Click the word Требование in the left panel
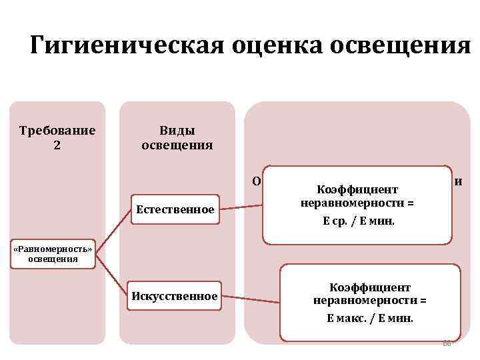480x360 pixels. pos(57,130)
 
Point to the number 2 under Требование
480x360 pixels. pos(57,144)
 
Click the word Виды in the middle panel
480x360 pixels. pos(177,130)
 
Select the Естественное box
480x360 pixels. pos(175,209)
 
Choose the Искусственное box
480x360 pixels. pos(175,295)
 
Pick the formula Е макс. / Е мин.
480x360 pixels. pos(369,318)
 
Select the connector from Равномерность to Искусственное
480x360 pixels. pos(111,273)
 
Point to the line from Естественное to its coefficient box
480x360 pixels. pos(241,205)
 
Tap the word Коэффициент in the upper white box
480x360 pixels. pos(357,190)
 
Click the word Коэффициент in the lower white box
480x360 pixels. pos(369,287)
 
